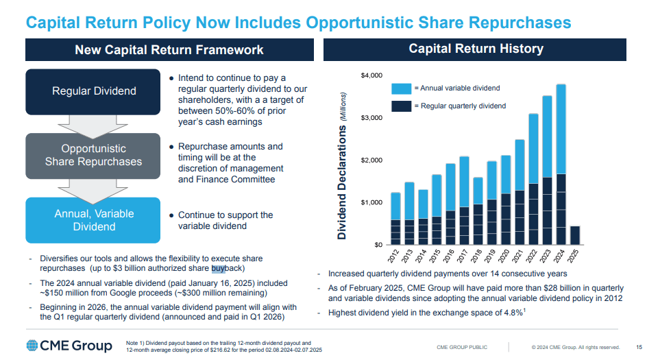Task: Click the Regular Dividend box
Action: click(x=95, y=91)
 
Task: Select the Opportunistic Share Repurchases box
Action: click(x=93, y=155)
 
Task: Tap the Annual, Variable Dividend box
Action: click(x=94, y=219)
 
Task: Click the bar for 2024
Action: click(x=561, y=165)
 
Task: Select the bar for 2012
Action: click(x=395, y=219)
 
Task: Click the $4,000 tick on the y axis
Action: click(x=369, y=75)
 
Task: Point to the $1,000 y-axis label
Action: click(x=369, y=202)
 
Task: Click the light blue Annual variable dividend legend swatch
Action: click(x=401, y=88)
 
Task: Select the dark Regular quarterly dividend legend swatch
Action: click(x=401, y=106)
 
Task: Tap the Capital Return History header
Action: click(x=476, y=49)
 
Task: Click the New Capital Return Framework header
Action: click(x=169, y=49)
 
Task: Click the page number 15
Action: click(x=639, y=347)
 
